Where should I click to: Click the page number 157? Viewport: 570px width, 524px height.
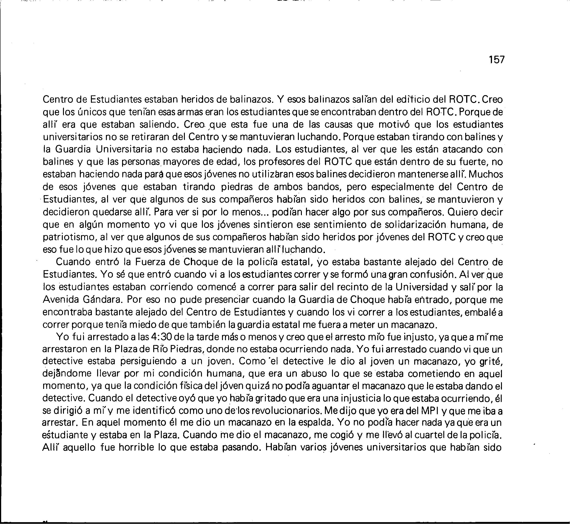pyautogui.click(x=497, y=60)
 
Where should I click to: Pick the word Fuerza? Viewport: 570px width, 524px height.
pyautogui.click(x=152, y=262)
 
